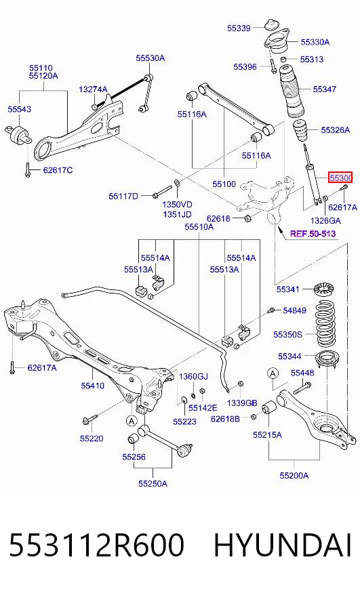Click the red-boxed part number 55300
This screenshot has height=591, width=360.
click(340, 177)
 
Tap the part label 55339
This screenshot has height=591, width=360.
click(239, 28)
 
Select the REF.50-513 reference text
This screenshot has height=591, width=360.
click(313, 234)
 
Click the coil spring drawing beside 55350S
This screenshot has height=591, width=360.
click(325, 324)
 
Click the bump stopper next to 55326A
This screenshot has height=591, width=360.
click(300, 131)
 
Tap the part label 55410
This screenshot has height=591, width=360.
click(92, 386)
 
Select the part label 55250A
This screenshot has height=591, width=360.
click(153, 484)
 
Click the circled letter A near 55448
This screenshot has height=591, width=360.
click(273, 373)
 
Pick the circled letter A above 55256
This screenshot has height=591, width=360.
click(131, 421)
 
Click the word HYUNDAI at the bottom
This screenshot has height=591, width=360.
click(283, 546)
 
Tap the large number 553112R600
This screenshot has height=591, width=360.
click(96, 546)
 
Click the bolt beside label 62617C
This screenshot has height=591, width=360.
click(27, 169)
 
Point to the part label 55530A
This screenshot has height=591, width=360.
click(151, 58)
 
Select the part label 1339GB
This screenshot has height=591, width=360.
click(241, 403)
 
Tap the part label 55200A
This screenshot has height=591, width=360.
click(294, 476)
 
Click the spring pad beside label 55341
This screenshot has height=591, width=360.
click(325, 289)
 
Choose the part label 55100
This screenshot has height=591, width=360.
click(224, 184)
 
